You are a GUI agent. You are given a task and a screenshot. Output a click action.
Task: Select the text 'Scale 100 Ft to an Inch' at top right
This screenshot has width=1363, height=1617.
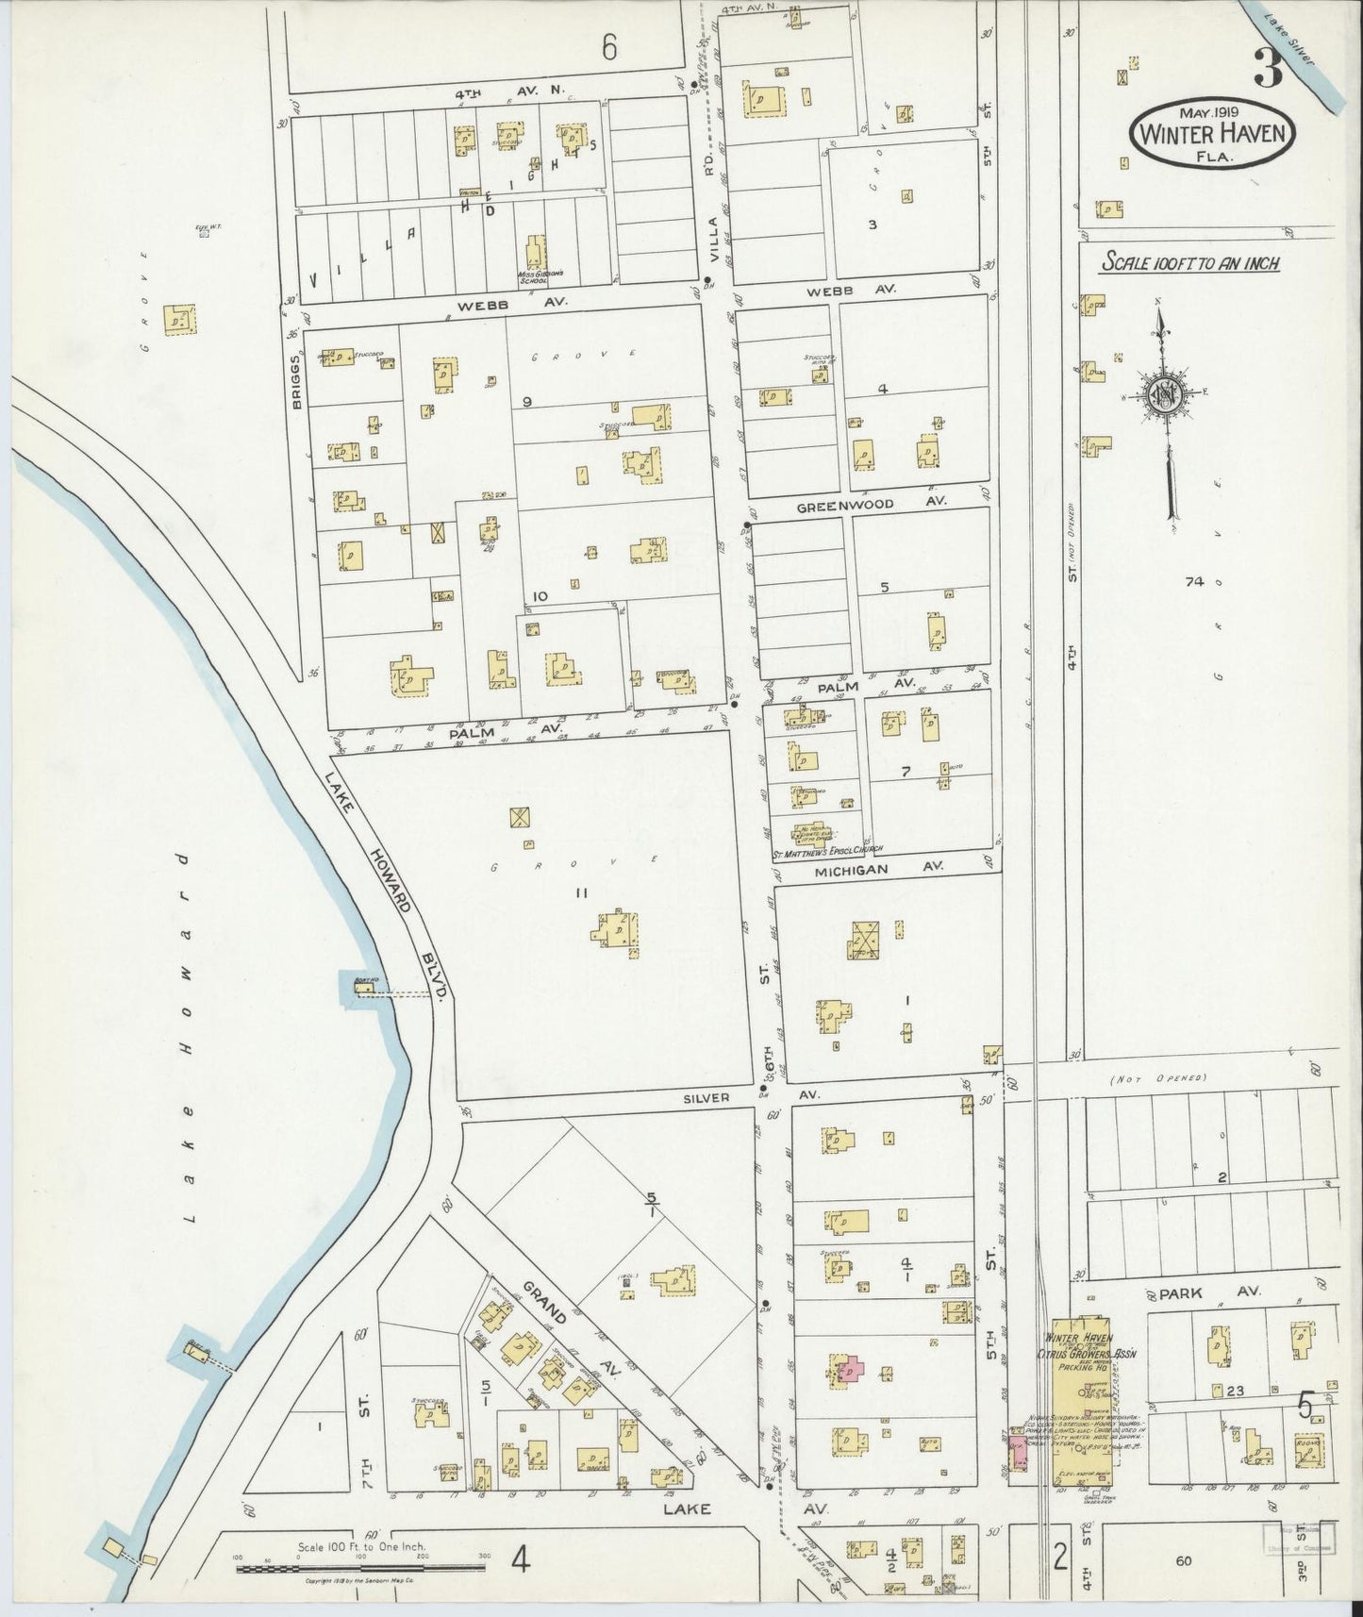(x=1190, y=264)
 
